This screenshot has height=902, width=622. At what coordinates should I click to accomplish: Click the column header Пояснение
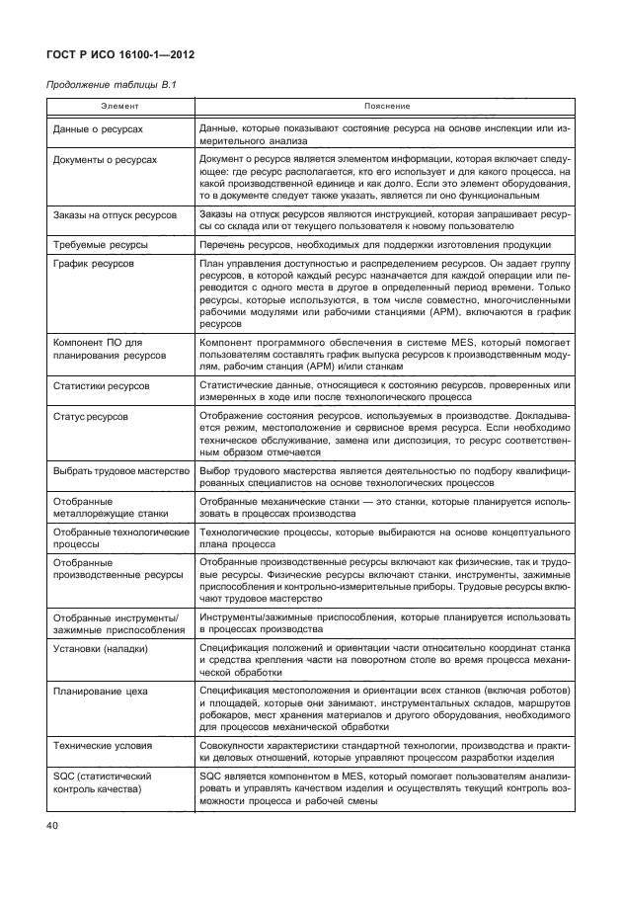[x=383, y=104]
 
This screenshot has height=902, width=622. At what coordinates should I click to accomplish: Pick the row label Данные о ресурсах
[x=98, y=129]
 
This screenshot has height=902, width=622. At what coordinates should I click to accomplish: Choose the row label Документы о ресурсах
[x=105, y=158]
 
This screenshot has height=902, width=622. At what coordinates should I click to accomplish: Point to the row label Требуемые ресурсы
[x=101, y=244]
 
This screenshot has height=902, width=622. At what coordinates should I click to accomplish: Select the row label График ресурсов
[x=94, y=265]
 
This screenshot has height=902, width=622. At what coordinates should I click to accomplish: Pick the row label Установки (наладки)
[x=100, y=648]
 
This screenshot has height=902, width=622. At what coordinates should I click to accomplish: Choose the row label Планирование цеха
[x=100, y=691]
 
